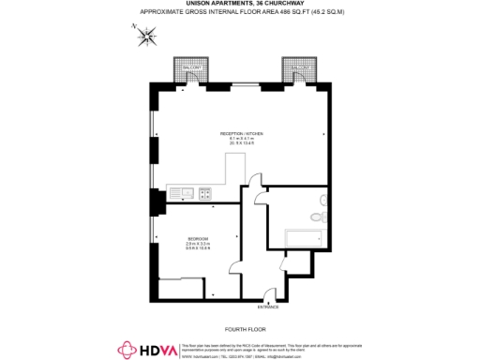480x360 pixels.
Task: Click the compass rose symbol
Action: pyautogui.click(x=146, y=37)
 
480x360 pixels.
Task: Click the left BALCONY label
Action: pyautogui.click(x=186, y=68)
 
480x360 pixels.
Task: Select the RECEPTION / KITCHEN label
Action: pyautogui.click(x=246, y=133)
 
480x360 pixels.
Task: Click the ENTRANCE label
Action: pyautogui.click(x=268, y=307)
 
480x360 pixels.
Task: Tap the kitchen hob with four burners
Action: pyautogui.click(x=204, y=194)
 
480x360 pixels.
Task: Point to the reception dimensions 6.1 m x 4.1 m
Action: pyautogui.click(x=246, y=139)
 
